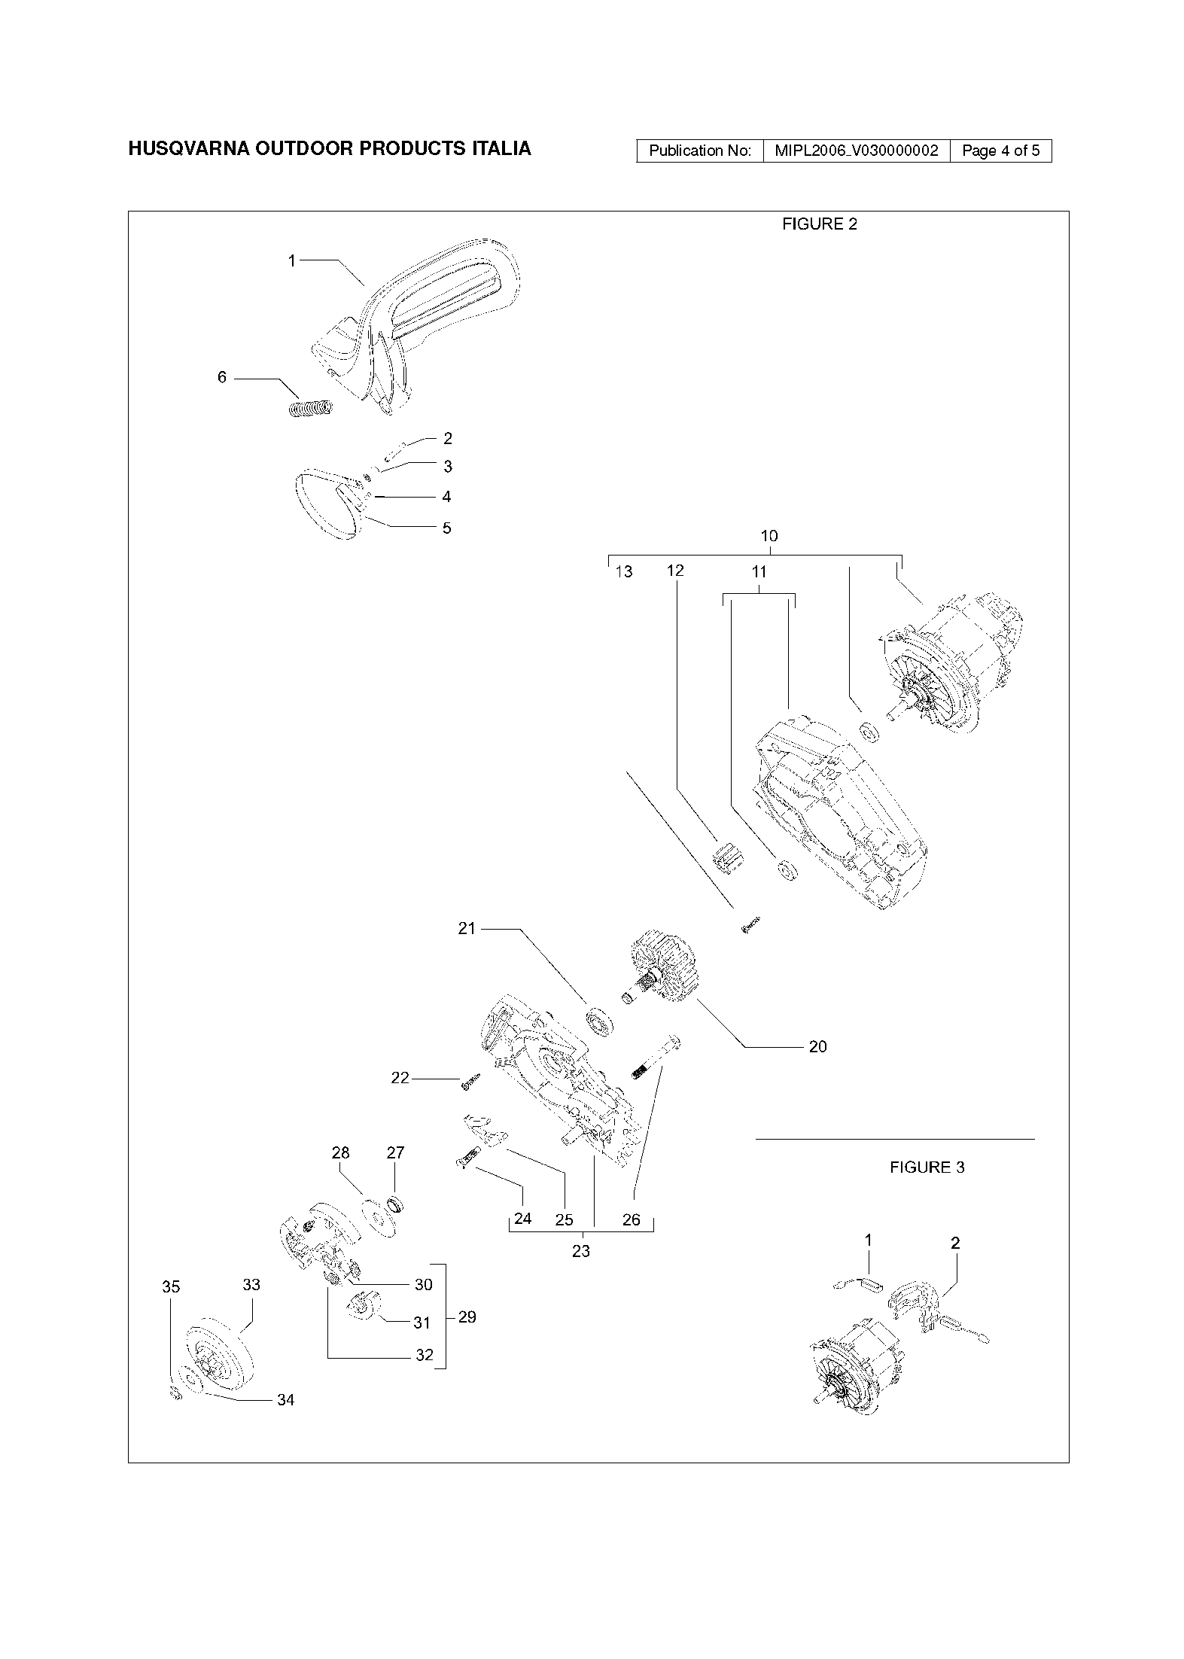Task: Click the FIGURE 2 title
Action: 819,224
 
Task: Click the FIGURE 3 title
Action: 927,1167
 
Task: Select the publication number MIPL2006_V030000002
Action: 857,151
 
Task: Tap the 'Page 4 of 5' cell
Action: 1000,151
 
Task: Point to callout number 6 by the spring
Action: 222,377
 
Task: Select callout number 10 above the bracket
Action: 769,536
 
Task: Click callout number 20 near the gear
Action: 817,1046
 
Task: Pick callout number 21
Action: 467,929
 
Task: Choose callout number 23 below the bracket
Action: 580,1251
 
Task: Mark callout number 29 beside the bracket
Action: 467,1317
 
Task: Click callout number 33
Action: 251,1284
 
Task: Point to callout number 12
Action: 675,571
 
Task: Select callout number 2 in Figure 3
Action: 955,1243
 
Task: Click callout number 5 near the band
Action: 446,528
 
